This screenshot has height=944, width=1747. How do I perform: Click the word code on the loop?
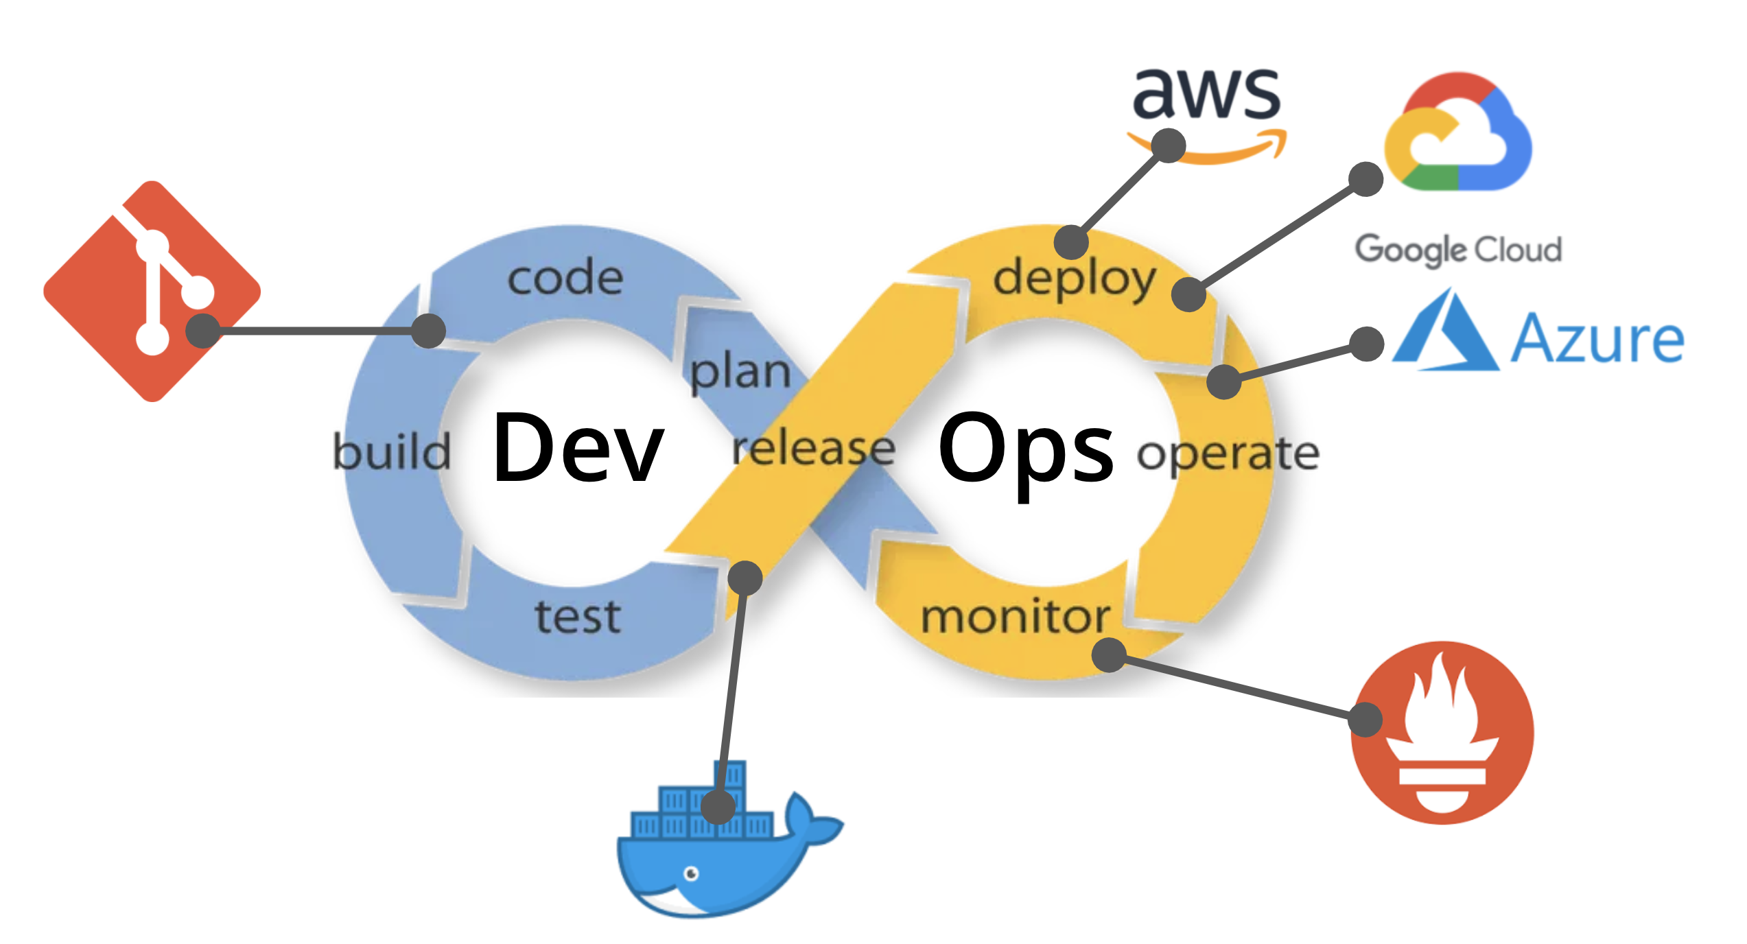(565, 278)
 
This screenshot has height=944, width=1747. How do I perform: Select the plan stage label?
(740, 373)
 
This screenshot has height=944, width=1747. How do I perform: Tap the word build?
(391, 451)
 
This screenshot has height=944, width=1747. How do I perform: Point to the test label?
(578, 616)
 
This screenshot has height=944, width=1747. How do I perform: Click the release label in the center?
(814, 449)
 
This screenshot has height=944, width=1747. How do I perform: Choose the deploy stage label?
(1075, 279)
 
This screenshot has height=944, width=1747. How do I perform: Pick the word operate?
(1228, 453)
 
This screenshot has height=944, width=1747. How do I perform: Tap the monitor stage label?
(1015, 616)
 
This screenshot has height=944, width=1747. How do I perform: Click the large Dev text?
(578, 447)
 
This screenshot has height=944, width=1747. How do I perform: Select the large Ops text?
(1026, 449)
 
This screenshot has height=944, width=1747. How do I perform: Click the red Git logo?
(152, 291)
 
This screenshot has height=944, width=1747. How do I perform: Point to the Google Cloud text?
(1458, 249)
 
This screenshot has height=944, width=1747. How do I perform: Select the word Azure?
(1597, 338)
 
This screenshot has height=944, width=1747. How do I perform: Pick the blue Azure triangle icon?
(1445, 332)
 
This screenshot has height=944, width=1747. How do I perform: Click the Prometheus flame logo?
(1442, 732)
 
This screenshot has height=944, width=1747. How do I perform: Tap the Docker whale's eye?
(692, 873)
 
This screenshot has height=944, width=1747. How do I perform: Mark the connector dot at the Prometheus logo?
(1365, 720)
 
